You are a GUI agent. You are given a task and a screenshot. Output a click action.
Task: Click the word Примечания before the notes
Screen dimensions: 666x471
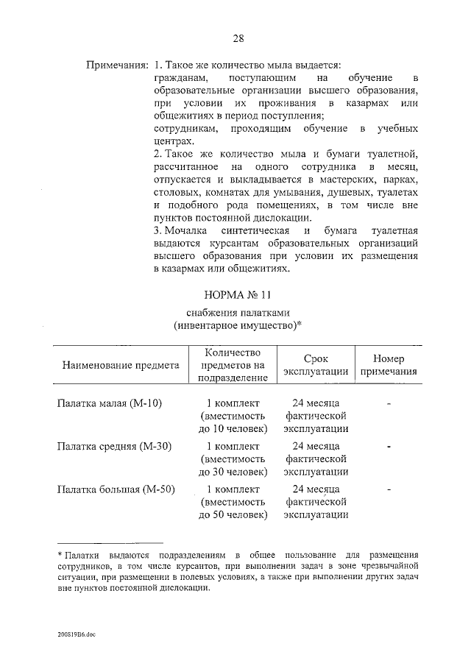117,65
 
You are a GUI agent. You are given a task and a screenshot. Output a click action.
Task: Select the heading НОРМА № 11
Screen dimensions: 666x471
235,295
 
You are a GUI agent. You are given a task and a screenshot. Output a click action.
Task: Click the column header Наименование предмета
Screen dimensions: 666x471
121,365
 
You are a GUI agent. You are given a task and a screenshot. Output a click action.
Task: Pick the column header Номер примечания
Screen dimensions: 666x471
388,365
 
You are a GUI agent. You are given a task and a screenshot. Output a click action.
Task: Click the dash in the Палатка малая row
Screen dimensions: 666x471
388,404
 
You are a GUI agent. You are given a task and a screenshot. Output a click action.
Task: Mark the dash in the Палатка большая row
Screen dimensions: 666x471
388,489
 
